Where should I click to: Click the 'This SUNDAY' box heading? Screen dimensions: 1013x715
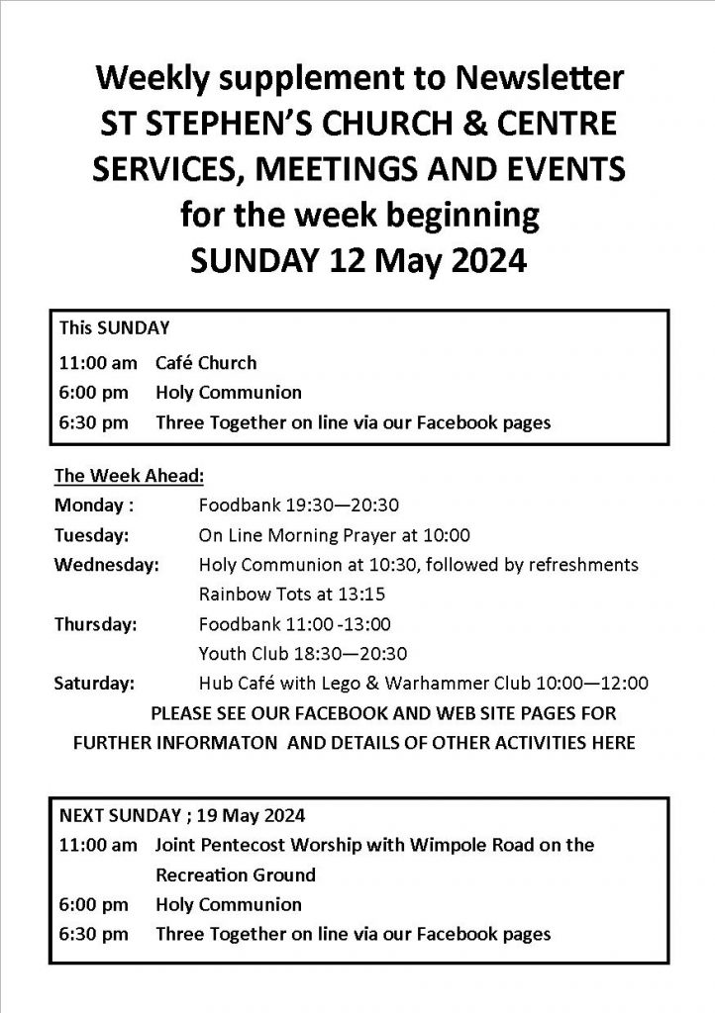[x=114, y=326]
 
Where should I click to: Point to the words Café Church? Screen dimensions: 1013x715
[x=205, y=362]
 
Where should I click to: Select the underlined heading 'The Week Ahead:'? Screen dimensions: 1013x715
[x=129, y=475]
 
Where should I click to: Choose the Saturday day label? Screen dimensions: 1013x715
[x=95, y=682]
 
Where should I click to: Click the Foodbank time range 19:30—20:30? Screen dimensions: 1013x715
[x=331, y=505]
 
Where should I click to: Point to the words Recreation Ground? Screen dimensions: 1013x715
[x=236, y=875]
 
